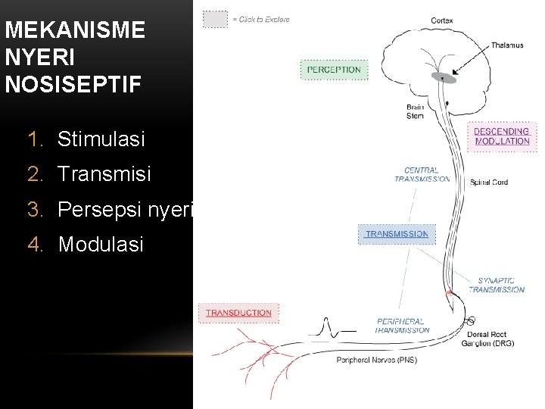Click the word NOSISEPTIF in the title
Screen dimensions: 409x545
point(73,83)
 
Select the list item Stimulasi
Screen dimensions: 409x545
point(101,139)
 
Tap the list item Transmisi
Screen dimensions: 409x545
point(104,174)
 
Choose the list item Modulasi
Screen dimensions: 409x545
point(100,244)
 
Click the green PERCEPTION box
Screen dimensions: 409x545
point(334,70)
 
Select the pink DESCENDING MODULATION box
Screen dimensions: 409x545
point(502,136)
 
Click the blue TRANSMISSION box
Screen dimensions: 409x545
point(397,234)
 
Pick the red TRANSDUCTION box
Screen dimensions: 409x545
point(238,312)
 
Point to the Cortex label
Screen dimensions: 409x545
point(443,20)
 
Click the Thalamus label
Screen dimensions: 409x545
point(506,45)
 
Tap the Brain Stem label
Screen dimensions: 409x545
point(415,111)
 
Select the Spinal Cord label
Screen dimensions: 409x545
point(489,182)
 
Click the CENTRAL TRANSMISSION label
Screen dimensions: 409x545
point(422,175)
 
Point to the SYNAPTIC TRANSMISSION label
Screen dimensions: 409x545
point(496,285)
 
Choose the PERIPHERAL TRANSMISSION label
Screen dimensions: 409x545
point(402,326)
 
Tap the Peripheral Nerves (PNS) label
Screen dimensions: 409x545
point(377,361)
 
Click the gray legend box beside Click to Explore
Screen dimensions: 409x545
point(215,19)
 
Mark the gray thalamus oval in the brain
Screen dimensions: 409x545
point(444,77)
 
